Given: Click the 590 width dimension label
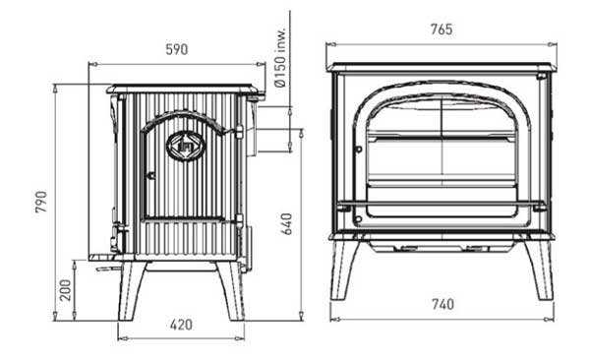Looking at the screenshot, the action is tap(176, 49).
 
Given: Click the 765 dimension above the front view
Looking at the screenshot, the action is tap(442, 30).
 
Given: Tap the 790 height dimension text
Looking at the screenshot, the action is tap(41, 202).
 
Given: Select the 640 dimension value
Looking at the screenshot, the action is tap(287, 223).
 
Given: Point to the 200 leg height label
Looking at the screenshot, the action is tap(66, 290).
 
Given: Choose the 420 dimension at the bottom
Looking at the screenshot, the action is tap(181, 325).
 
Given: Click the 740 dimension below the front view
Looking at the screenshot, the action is tap(442, 304).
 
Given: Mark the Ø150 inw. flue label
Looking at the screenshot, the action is tap(280, 57).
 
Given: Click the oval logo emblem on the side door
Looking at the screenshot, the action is tap(186, 146).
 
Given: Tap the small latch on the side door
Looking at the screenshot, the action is tap(150, 175).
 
